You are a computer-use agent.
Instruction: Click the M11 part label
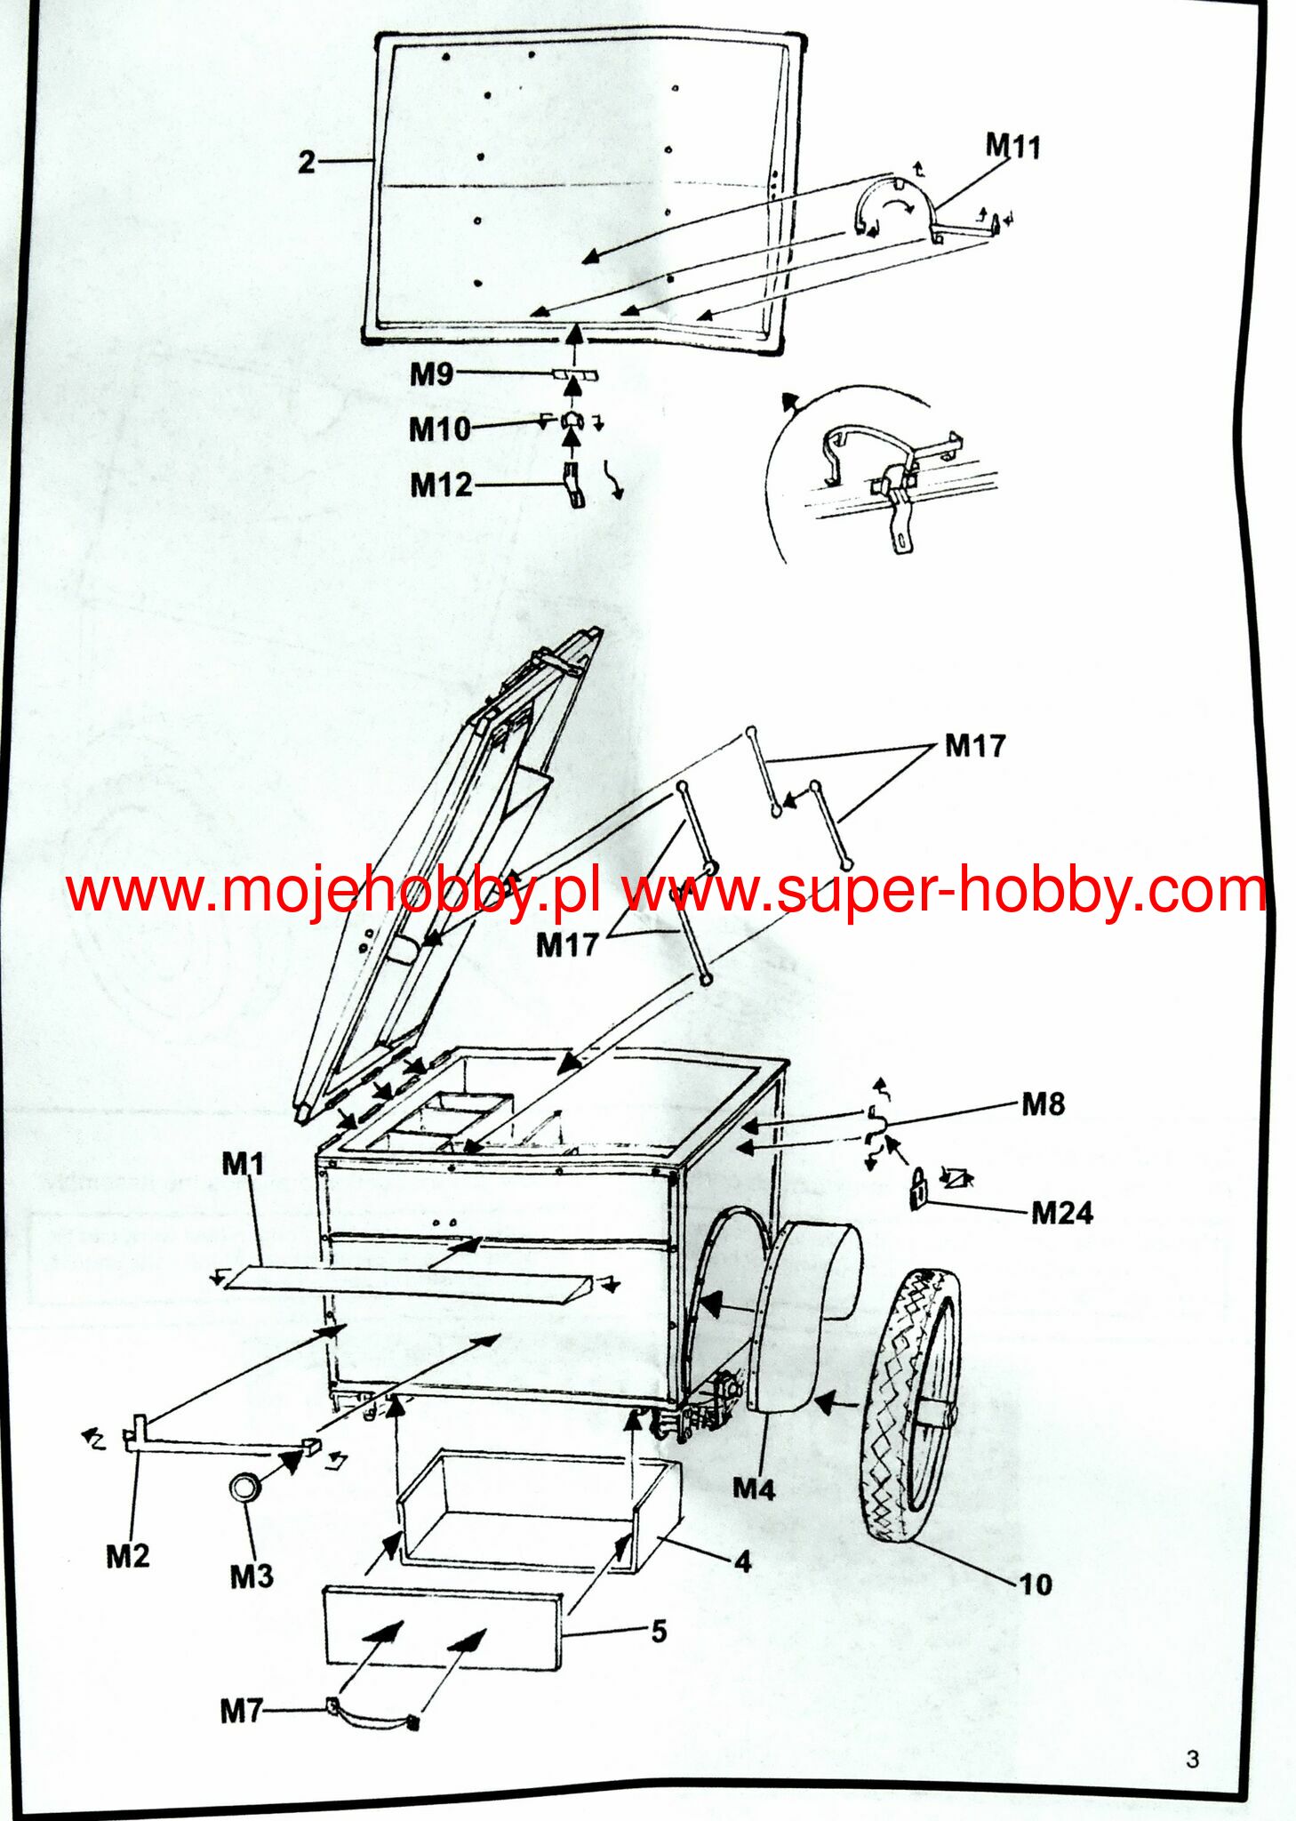pos(1012,146)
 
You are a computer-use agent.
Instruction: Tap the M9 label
pos(431,374)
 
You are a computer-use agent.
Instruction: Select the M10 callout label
pos(439,429)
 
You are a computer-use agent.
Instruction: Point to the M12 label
pos(441,485)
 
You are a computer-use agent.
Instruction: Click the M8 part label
pos(1043,1104)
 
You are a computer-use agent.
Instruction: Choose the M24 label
pos(1062,1213)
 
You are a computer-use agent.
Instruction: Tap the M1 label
pos(243,1163)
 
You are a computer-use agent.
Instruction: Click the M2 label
pos(128,1556)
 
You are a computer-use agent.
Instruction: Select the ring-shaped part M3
pos(244,1486)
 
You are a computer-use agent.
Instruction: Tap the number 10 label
pos(1035,1584)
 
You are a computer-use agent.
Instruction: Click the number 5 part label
pos(659,1632)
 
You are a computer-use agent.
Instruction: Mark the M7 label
pos(242,1710)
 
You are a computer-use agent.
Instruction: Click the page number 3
pos(1192,1759)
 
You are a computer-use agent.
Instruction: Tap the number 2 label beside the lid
pos(307,162)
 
